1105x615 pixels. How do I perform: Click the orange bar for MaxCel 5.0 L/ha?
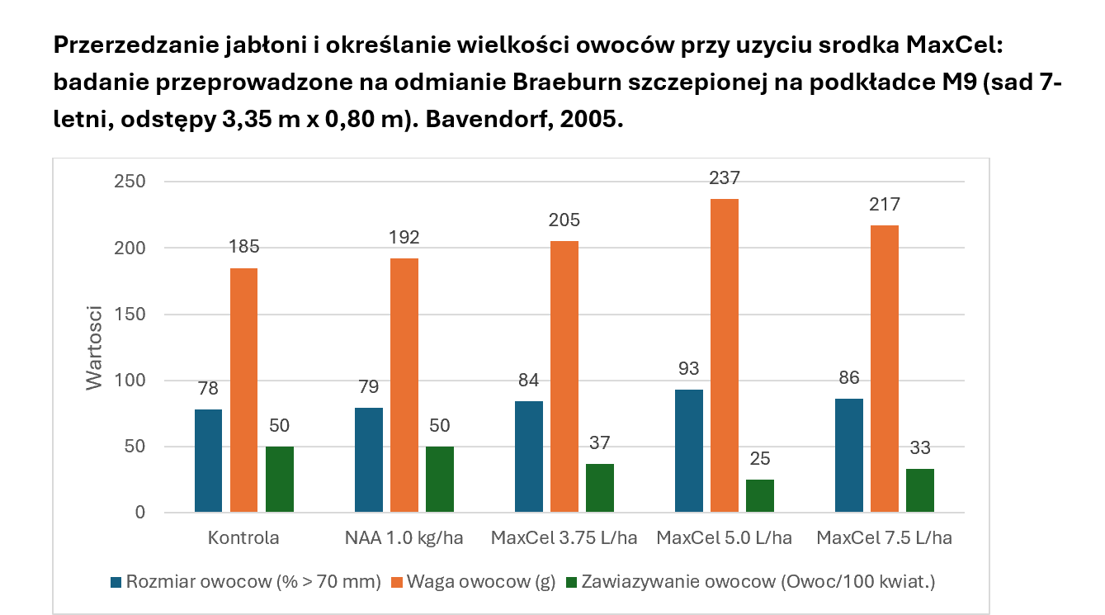(x=724, y=355)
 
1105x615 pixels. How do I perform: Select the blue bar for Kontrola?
(x=208, y=461)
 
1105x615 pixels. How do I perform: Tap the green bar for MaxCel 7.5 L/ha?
(x=919, y=490)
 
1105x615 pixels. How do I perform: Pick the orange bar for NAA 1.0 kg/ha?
(x=404, y=385)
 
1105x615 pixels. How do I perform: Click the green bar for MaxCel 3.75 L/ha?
(x=600, y=488)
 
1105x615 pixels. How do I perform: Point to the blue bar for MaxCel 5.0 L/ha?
(x=688, y=451)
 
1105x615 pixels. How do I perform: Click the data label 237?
(x=724, y=178)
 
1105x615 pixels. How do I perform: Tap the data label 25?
(x=760, y=459)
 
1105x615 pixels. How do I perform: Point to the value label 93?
(x=688, y=369)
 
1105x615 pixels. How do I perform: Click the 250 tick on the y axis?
(x=129, y=182)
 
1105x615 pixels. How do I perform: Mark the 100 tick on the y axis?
(x=129, y=381)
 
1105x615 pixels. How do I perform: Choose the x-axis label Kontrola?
(x=243, y=538)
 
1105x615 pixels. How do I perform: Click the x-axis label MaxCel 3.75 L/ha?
(x=564, y=538)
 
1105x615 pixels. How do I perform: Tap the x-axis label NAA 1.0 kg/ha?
(x=404, y=538)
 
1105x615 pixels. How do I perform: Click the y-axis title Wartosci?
(x=96, y=347)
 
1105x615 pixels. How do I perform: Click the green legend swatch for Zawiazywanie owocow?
(x=571, y=582)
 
